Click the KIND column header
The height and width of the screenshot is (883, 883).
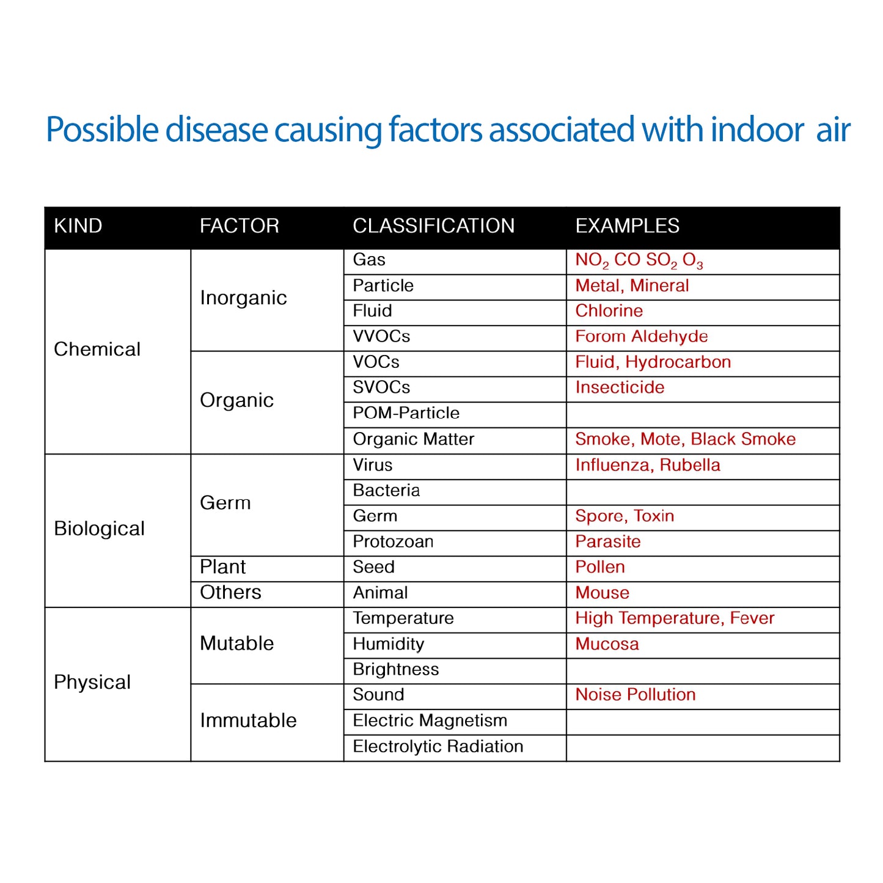click(x=78, y=226)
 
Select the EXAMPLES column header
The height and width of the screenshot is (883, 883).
click(x=627, y=226)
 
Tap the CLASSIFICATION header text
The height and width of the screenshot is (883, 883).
click(x=433, y=226)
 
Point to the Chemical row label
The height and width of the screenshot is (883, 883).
click(x=97, y=350)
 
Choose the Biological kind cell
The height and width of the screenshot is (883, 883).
click(x=99, y=529)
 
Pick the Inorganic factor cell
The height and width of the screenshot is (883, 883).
click(x=243, y=298)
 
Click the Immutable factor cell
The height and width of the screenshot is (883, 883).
click(x=248, y=721)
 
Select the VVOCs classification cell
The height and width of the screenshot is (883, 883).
click(x=381, y=337)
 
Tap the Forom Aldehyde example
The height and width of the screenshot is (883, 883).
click(x=641, y=337)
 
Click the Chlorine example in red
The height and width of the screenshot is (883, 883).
click(x=609, y=311)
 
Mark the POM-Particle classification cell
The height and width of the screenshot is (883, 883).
click(x=406, y=413)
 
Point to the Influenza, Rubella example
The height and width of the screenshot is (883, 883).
click(x=647, y=466)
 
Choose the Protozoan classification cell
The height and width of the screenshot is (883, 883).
click(x=393, y=542)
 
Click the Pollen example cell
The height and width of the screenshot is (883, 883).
click(x=600, y=567)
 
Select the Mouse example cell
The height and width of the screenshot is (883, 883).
click(x=602, y=593)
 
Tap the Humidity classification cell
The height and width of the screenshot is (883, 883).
click(x=388, y=644)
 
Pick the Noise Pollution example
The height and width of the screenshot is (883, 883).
click(x=635, y=695)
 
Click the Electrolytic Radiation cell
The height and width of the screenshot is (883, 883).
click(x=438, y=747)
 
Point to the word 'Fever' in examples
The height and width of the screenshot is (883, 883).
click(x=752, y=618)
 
